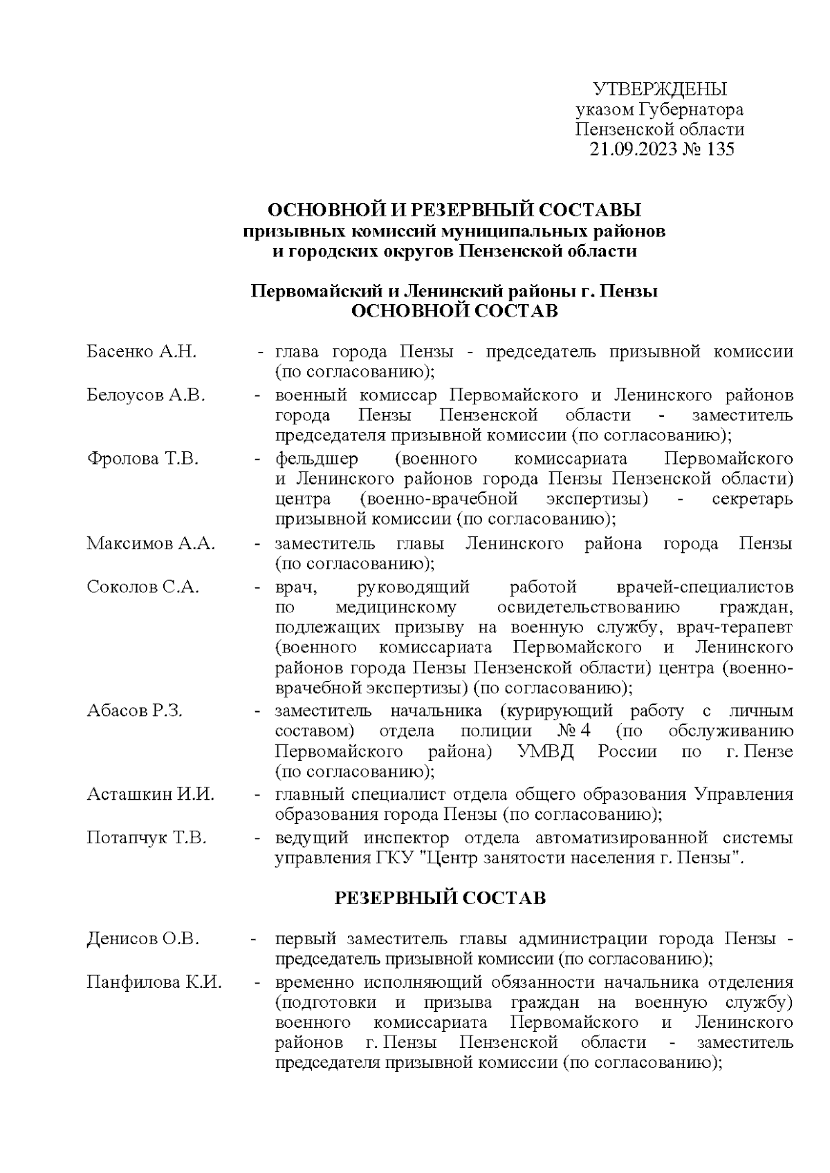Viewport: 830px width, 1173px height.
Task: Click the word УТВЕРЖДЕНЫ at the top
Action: coord(660,89)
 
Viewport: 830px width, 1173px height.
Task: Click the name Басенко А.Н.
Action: coord(141,352)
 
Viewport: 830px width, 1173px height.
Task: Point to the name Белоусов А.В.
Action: coord(146,395)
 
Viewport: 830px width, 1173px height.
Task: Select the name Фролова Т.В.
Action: coord(142,458)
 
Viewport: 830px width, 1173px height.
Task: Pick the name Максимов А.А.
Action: coord(151,543)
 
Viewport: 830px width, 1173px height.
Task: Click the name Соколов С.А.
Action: coord(142,587)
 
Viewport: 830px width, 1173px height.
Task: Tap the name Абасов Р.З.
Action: coord(134,711)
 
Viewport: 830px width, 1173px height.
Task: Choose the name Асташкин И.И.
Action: coord(150,794)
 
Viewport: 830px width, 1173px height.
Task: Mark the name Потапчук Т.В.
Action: coord(147,838)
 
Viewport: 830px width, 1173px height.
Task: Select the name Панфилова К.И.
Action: coord(154,982)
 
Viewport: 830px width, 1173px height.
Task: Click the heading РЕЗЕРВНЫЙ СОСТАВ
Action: coord(441,898)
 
